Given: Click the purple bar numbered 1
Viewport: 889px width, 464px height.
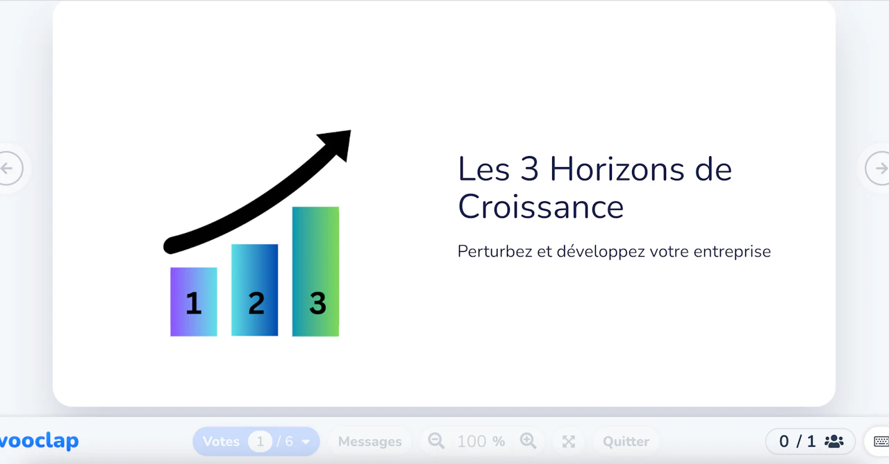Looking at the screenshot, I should tap(194, 302).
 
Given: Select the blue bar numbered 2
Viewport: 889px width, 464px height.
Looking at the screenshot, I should tap(255, 290).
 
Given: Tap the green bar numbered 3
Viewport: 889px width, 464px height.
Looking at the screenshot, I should tap(316, 271).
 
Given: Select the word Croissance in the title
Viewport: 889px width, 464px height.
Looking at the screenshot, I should tap(540, 207).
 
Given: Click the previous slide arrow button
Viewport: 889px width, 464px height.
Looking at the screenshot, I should tap(10, 169).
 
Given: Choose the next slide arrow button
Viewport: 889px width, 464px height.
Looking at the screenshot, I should tap(879, 169).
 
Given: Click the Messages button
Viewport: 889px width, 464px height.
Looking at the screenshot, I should tap(369, 441).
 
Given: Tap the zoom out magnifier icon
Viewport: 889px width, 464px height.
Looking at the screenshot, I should tap(436, 441).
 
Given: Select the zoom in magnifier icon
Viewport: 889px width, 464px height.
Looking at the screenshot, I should tap(529, 441).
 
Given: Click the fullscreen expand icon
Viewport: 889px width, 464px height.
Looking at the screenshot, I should tap(569, 441).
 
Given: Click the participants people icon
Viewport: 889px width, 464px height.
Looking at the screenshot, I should tap(833, 441).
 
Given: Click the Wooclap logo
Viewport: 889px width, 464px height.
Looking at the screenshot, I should tap(39, 441).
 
